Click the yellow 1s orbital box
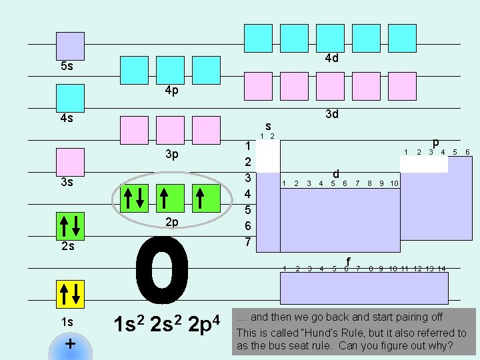pyautogui.click(x=71, y=294)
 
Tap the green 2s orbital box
pyautogui.click(x=71, y=226)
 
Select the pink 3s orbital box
pyautogui.click(x=71, y=162)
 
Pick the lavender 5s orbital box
pyautogui.click(x=71, y=46)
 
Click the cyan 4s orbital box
pyautogui.click(x=71, y=98)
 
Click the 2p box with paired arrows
pyautogui.click(x=135, y=198)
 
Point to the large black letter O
pyautogui.click(x=162, y=270)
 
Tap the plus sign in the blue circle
pyautogui.click(x=71, y=344)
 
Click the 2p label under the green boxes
pyautogui.click(x=172, y=222)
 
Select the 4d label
pyautogui.click(x=332, y=58)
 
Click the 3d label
pyautogui.click(x=332, y=114)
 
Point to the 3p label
pyautogui.click(x=172, y=154)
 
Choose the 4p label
pyautogui.click(x=172, y=90)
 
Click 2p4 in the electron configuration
pyautogui.click(x=204, y=324)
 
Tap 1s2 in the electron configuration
pyautogui.click(x=129, y=324)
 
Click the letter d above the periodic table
pyautogui.click(x=336, y=174)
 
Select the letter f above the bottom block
pyautogui.click(x=348, y=262)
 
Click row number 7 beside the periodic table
pyautogui.click(x=247, y=242)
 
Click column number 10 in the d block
pyautogui.click(x=394, y=183)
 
